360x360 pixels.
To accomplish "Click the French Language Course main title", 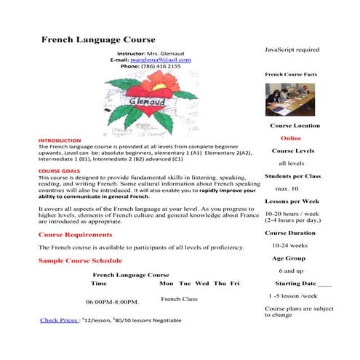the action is point(97,39).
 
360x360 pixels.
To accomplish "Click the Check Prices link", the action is point(59,320).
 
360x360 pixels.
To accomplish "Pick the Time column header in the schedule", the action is point(98,283).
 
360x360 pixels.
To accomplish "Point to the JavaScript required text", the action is point(291,49).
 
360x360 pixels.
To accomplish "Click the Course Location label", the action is point(292,125).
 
